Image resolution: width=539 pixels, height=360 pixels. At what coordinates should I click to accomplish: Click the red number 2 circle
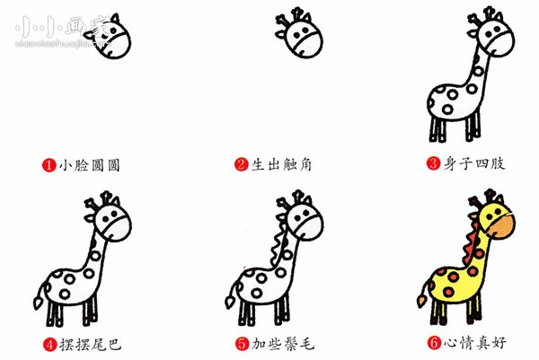tap(241, 165)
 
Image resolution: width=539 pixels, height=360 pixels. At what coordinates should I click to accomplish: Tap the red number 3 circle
tap(433, 165)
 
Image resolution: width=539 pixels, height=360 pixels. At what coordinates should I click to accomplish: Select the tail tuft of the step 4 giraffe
tap(39, 299)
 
